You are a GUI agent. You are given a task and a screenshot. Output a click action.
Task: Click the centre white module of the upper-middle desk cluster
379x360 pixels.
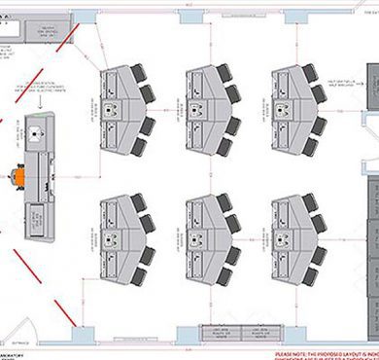[x=206, y=108]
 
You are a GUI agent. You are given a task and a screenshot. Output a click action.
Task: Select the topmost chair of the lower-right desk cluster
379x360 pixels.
[x=308, y=201]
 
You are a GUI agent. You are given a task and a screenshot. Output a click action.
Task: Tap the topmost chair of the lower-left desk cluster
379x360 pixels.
[x=138, y=201]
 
